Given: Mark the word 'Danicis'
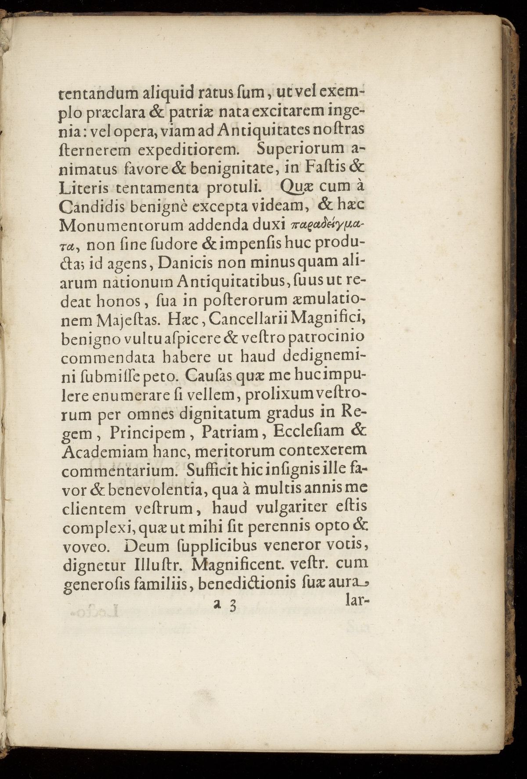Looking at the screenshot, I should click(185, 263).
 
